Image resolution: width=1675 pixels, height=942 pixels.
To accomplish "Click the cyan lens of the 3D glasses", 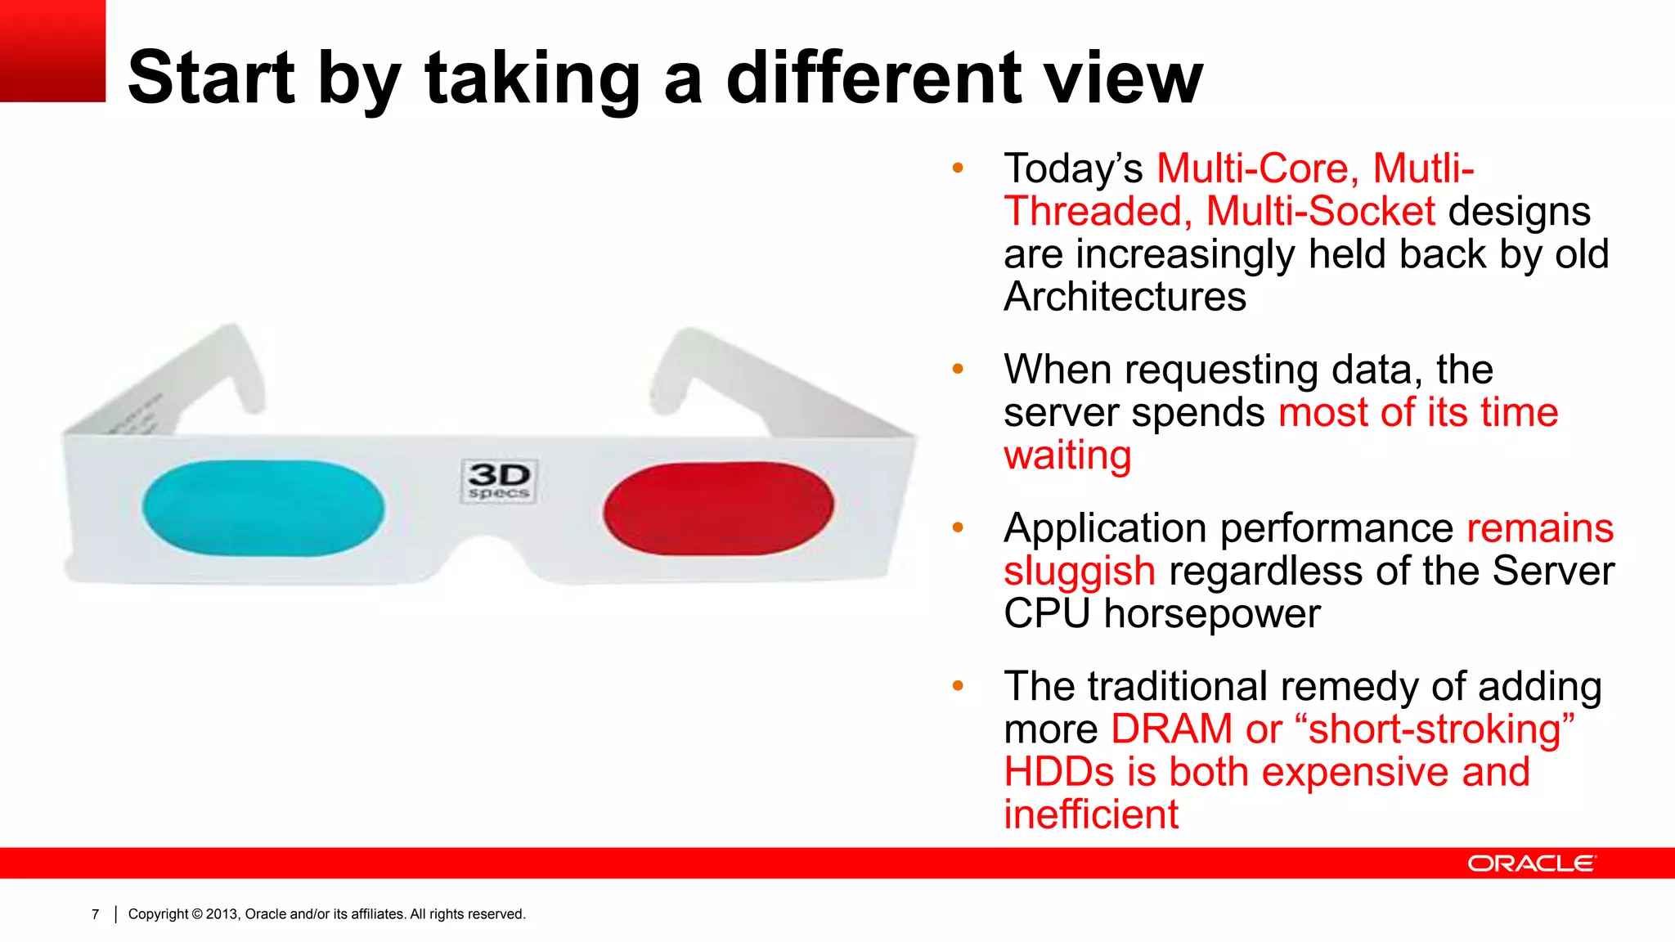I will click(263, 508).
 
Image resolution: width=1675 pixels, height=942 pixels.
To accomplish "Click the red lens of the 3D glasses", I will click(718, 508).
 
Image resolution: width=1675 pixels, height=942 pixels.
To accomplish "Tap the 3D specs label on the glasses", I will click(499, 481).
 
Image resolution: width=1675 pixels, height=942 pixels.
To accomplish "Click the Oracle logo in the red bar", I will click(1531, 863).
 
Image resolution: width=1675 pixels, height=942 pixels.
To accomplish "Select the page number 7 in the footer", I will click(96, 914).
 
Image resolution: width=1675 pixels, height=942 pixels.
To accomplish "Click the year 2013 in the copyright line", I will click(221, 914).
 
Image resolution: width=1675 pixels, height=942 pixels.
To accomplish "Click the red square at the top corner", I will click(52, 51).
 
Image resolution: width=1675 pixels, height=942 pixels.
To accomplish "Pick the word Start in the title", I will click(211, 78).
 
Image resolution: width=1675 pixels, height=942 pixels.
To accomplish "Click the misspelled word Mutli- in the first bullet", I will click(1423, 168).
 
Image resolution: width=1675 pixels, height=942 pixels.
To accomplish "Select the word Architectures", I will click(1125, 297).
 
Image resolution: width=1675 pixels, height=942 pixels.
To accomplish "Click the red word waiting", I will click(1067, 455).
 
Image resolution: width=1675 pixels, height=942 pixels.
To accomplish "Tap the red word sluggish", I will click(1079, 572).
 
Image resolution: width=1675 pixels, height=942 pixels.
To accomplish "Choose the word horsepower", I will click(1211, 614).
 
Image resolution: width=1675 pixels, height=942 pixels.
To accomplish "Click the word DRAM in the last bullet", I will click(1171, 729).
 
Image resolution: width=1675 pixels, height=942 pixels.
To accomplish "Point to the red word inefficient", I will click(1091, 815).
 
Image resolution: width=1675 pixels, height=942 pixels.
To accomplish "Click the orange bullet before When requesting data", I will click(958, 370).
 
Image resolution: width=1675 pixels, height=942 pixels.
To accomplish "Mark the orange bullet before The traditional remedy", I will click(958, 686).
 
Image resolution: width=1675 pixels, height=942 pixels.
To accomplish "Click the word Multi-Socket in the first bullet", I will click(1320, 212).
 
